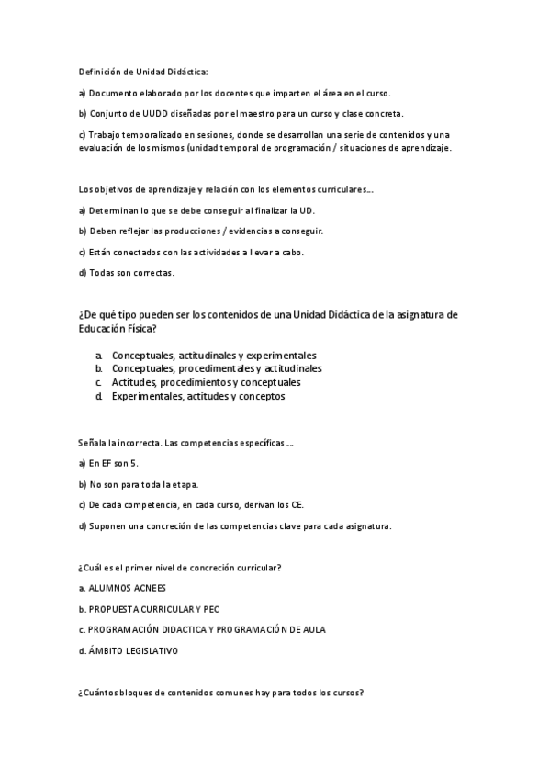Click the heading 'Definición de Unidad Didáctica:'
(144, 72)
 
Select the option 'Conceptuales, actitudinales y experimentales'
(214, 355)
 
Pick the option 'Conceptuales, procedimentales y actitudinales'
(217, 368)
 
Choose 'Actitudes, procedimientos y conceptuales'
(206, 382)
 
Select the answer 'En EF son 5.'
(114, 463)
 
